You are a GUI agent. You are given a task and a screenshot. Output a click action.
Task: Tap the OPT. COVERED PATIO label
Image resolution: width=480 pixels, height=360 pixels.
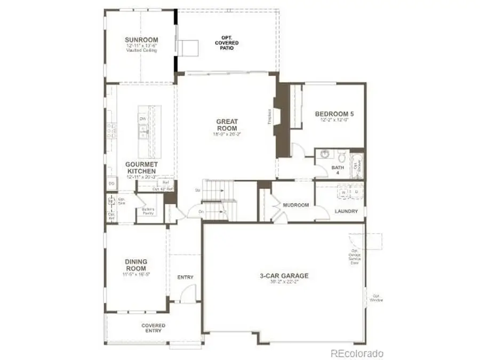[x=227, y=43]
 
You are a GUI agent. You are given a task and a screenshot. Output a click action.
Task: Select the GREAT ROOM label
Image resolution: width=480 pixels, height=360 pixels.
[x=227, y=125]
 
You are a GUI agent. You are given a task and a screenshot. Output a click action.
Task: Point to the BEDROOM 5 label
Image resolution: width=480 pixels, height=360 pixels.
[x=334, y=114]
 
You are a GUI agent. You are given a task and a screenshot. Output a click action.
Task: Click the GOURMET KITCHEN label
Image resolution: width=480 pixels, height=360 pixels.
[x=140, y=167]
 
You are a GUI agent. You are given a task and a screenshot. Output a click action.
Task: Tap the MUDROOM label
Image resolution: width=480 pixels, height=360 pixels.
[x=297, y=205]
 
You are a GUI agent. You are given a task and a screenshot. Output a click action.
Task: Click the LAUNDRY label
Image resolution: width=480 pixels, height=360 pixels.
[x=346, y=211]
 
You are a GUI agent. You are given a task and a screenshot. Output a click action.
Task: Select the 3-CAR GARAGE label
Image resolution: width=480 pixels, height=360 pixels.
[x=284, y=276]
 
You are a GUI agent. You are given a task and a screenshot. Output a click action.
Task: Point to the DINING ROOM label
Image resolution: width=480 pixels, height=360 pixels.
[x=136, y=265]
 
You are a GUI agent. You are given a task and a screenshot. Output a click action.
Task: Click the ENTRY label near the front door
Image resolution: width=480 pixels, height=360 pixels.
[x=185, y=277]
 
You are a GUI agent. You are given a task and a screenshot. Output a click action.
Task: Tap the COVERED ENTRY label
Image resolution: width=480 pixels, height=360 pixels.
[x=153, y=328]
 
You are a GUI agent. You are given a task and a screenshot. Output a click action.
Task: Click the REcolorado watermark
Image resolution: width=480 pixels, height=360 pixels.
[x=357, y=353]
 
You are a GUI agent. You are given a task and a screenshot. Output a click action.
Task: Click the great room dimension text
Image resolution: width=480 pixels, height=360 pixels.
[x=227, y=134]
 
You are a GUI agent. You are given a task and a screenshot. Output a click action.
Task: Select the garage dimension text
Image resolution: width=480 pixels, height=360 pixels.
[x=284, y=283]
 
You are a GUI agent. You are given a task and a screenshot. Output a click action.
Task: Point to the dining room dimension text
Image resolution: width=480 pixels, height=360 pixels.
[x=136, y=274]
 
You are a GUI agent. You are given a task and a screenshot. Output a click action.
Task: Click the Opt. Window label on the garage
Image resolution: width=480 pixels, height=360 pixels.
[x=377, y=298]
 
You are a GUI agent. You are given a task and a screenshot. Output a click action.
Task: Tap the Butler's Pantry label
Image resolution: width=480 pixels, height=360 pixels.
[x=148, y=211]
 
